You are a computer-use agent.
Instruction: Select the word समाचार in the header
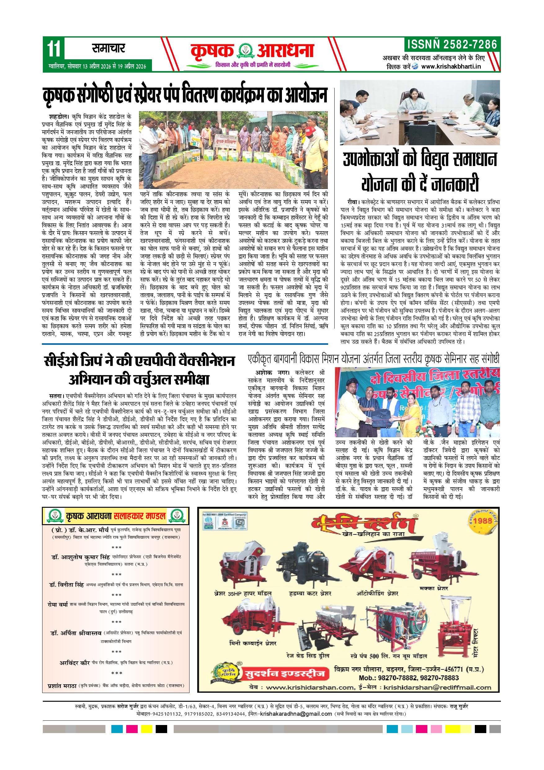click(108, 49)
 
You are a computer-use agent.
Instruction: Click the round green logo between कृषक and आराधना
click(246, 51)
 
